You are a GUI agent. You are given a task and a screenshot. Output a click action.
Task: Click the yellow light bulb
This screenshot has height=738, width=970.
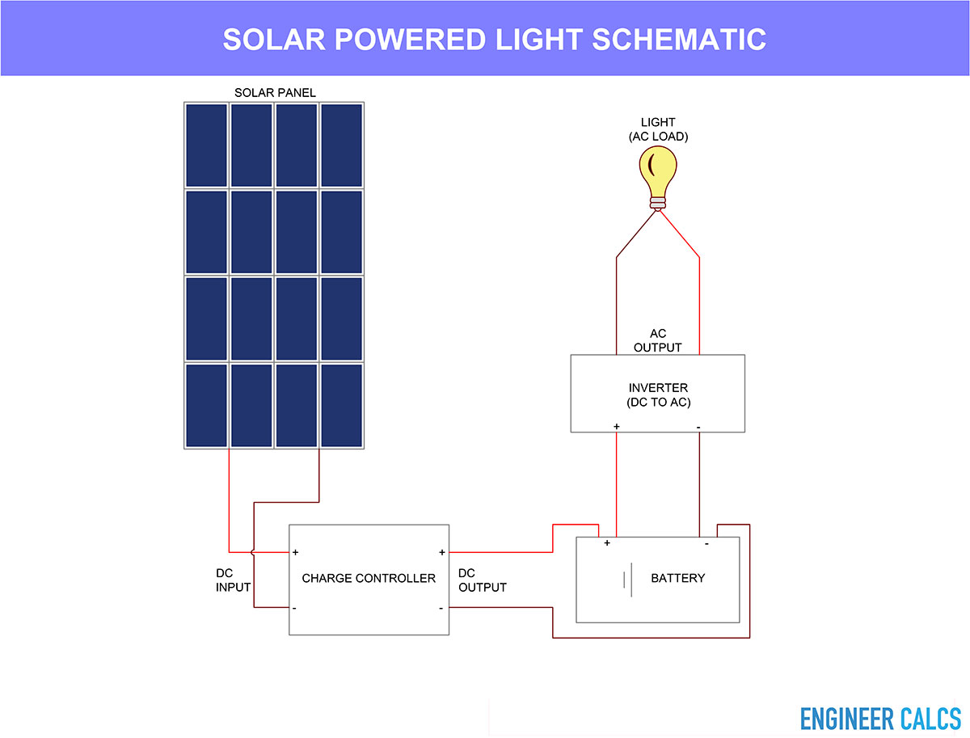click(657, 178)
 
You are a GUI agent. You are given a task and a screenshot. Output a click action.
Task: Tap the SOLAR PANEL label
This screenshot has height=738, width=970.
click(275, 93)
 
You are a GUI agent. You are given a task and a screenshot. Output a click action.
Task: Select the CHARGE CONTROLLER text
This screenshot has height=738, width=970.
click(369, 578)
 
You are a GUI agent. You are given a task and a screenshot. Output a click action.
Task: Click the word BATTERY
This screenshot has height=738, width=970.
click(678, 578)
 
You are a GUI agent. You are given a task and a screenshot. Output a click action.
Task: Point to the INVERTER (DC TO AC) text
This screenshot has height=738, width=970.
click(659, 394)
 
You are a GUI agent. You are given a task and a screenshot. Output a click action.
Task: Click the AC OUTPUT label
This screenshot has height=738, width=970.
click(657, 340)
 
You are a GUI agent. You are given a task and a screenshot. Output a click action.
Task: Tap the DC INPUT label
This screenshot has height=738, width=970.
click(233, 580)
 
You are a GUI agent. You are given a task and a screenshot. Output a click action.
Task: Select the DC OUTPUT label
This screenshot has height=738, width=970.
click(482, 580)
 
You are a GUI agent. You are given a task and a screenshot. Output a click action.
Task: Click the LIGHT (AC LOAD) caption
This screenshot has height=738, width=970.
click(659, 129)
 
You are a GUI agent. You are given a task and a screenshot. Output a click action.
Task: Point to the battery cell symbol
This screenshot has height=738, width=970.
click(627, 580)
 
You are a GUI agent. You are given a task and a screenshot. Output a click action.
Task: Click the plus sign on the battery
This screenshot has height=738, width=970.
click(607, 542)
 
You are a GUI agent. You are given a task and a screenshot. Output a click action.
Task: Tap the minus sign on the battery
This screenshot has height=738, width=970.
click(706, 543)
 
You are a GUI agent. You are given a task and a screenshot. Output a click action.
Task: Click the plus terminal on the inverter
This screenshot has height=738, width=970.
click(617, 427)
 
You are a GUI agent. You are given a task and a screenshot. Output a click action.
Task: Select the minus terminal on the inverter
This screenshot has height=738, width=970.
click(698, 428)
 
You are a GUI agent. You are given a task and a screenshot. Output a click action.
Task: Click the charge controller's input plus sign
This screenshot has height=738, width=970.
click(296, 552)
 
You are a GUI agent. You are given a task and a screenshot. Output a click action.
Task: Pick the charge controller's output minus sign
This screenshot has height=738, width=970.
click(441, 609)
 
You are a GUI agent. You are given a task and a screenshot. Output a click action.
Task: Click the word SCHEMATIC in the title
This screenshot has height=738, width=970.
click(679, 40)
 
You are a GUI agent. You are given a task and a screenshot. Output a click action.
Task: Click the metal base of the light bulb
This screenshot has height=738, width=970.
click(657, 203)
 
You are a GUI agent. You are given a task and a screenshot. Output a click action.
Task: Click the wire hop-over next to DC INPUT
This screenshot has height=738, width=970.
click(253, 552)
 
